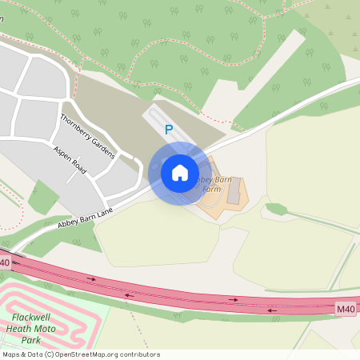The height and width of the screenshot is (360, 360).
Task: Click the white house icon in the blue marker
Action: (x=180, y=173)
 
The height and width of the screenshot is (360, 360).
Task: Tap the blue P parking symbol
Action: (x=168, y=129)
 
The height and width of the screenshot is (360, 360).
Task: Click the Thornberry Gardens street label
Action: (x=87, y=136)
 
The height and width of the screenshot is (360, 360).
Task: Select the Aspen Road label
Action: (x=70, y=161)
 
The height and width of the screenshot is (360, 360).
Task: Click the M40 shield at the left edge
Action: (x=5, y=262)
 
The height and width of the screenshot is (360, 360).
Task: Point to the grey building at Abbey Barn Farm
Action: (x=234, y=192)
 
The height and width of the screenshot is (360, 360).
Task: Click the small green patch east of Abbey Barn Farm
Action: (x=277, y=210)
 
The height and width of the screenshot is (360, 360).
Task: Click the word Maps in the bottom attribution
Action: (x=11, y=354)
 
